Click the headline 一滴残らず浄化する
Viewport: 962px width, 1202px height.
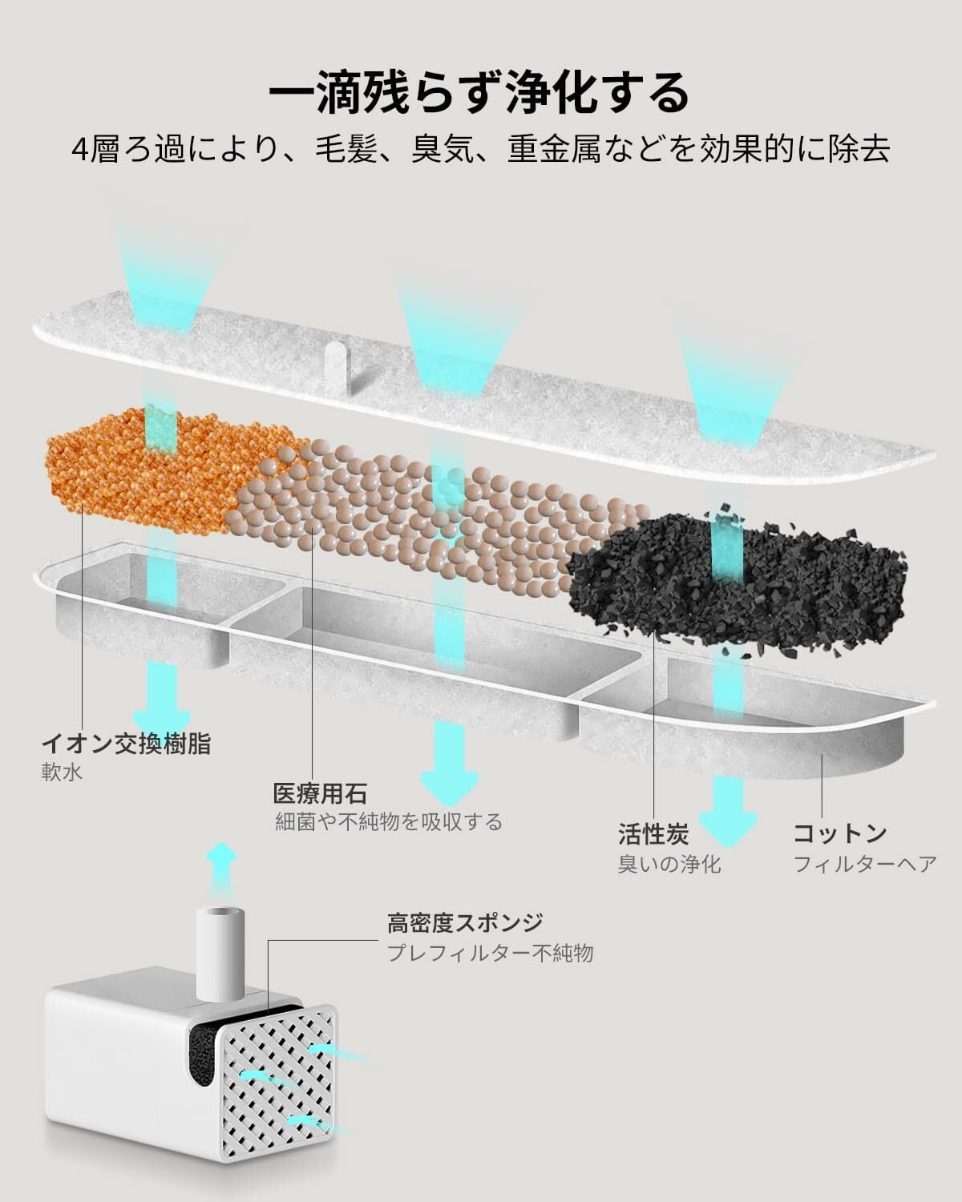point(479,93)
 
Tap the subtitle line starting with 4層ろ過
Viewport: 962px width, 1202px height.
point(481,150)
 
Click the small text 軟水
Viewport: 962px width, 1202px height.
point(62,773)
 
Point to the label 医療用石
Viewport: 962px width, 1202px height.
point(321,793)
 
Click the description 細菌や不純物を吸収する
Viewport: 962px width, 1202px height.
point(389,822)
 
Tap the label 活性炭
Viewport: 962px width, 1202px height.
point(653,834)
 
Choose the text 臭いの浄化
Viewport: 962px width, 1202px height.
point(669,865)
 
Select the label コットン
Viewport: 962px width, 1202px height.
point(840,833)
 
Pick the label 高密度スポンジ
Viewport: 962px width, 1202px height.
point(465,922)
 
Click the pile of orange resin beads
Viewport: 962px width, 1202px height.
point(168,470)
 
